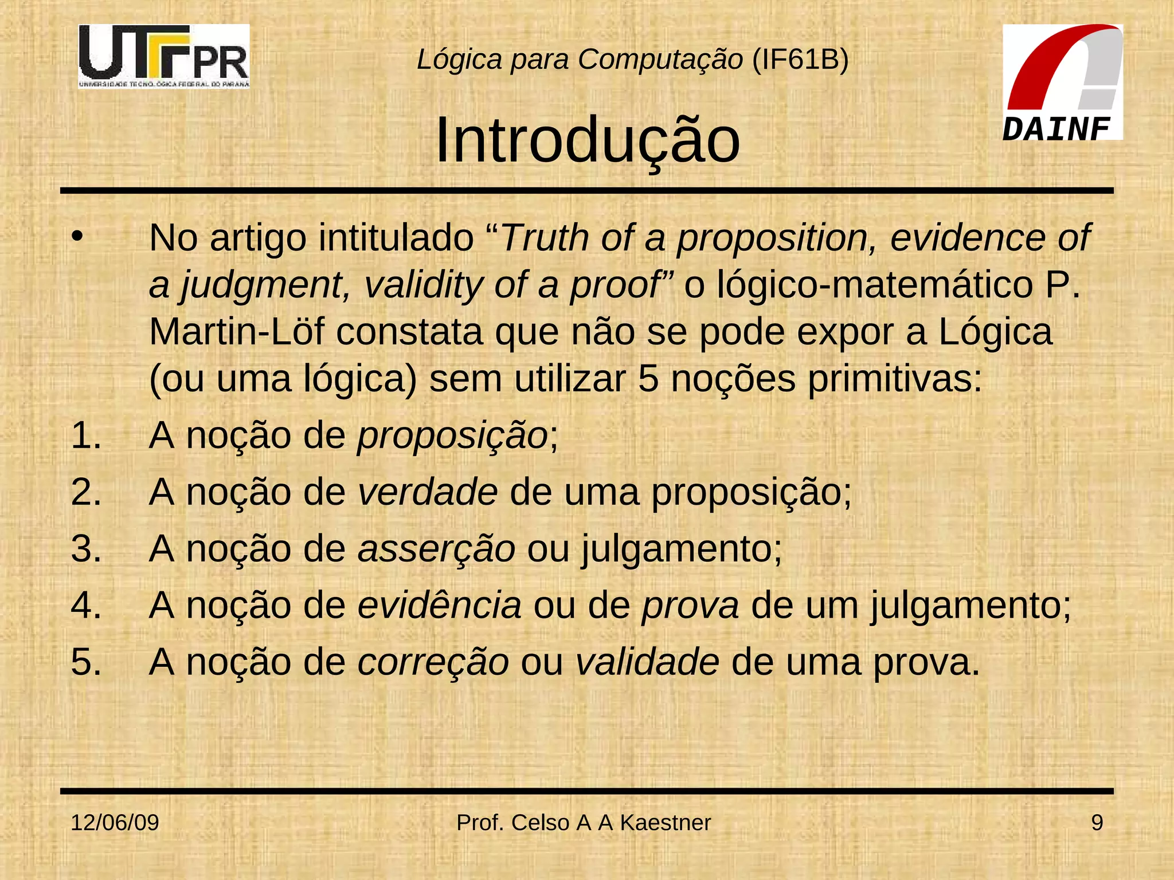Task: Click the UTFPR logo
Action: [164, 56]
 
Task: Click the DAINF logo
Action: [1062, 82]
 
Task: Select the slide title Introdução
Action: [587, 140]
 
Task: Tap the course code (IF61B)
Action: [800, 59]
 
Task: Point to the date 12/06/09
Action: [115, 823]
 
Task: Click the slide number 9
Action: [1097, 823]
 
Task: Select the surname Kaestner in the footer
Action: [665, 823]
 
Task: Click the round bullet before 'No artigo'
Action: [77, 235]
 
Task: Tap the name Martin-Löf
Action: [237, 332]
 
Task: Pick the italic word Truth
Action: [545, 237]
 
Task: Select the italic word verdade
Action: [428, 492]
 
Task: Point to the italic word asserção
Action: [436, 549]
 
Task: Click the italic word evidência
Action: [439, 606]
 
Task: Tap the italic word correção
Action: [433, 662]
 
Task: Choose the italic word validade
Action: [647, 662]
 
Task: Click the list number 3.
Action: [86, 549]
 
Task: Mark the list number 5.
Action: [86, 662]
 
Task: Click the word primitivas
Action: [895, 379]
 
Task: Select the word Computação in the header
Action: [660, 59]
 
